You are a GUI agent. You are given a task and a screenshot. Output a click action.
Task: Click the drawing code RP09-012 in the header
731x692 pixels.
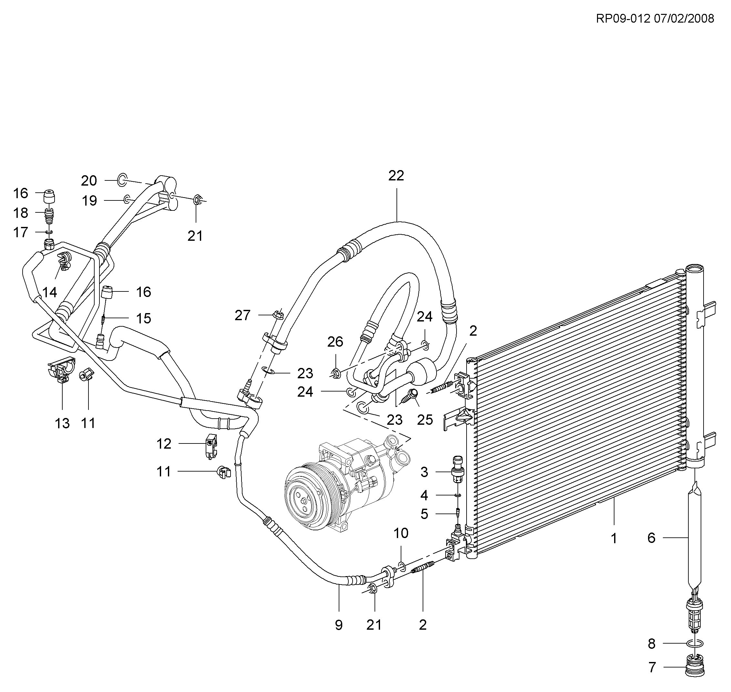[623, 18]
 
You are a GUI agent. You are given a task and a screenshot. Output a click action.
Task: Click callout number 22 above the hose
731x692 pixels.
[396, 176]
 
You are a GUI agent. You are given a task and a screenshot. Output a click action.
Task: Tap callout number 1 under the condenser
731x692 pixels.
[614, 539]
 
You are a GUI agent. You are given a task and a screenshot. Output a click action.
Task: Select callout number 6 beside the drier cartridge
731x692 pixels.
[651, 538]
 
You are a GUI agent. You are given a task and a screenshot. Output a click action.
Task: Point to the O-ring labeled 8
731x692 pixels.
[695, 643]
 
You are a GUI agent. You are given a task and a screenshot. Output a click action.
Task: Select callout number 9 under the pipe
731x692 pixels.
[339, 625]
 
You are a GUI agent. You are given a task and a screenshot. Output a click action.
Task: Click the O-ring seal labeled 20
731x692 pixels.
[122, 180]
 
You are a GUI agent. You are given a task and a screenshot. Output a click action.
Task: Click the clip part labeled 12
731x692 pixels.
[211, 446]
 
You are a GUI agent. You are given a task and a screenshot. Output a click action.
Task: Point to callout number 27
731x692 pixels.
[242, 315]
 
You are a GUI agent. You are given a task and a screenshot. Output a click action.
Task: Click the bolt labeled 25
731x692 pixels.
[411, 397]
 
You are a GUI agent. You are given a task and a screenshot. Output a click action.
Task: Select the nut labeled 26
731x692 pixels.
[335, 373]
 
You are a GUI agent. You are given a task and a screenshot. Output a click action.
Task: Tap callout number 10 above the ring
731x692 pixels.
[401, 534]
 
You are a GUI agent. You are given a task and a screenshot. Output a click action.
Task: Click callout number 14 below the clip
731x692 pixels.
[50, 292]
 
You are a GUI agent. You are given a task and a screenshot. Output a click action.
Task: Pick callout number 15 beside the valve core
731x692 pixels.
[144, 318]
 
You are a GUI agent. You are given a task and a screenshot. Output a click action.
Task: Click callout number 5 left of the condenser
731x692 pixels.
[424, 514]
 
